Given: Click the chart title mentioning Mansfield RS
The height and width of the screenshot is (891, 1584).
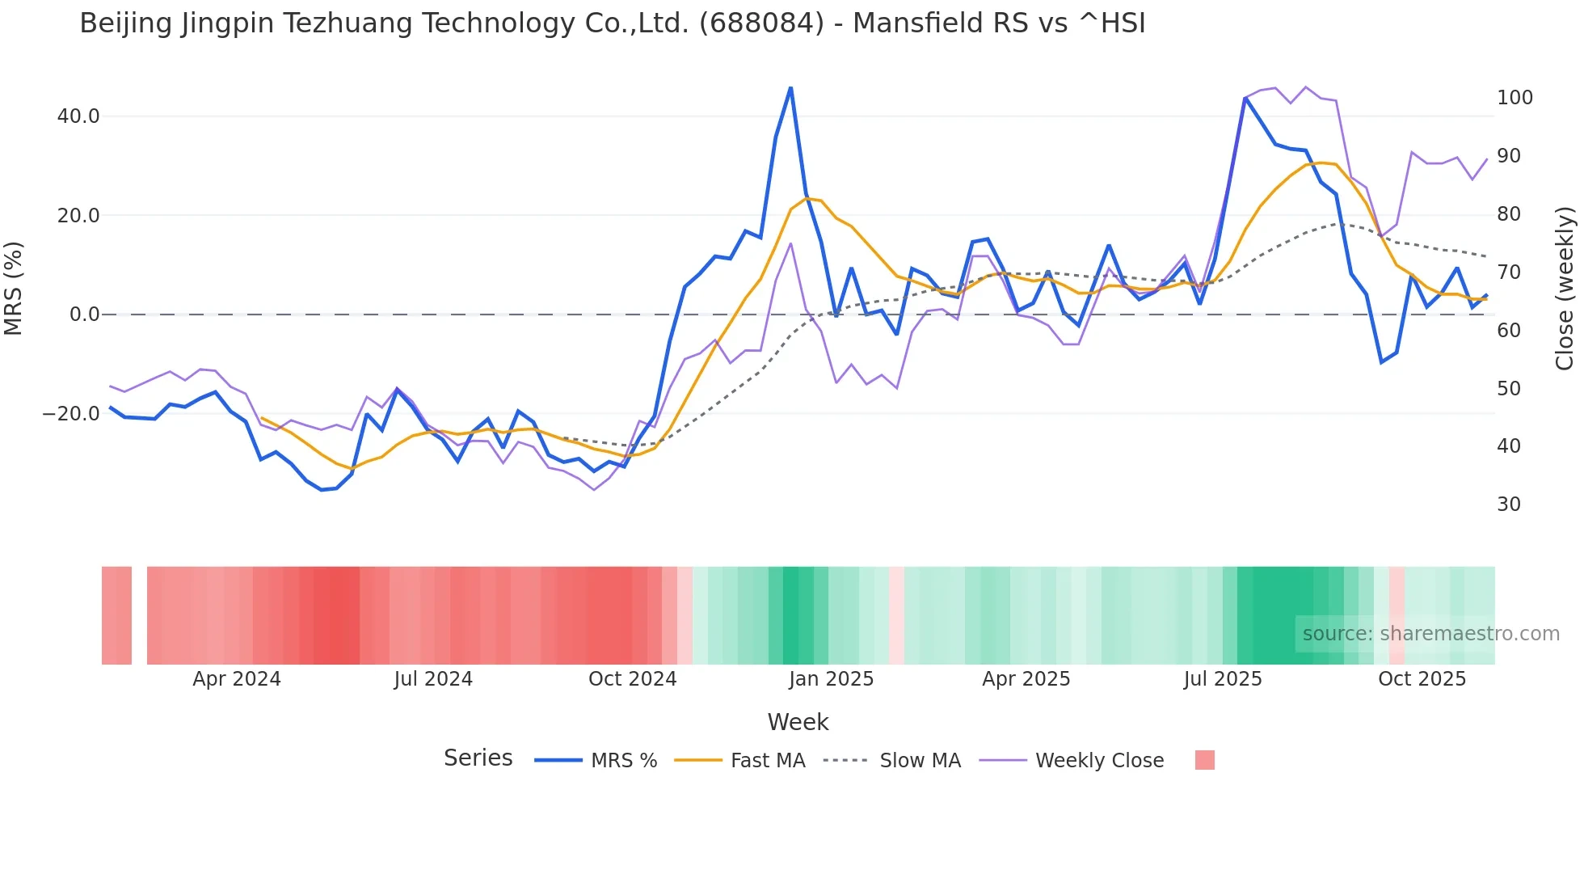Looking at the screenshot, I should [612, 23].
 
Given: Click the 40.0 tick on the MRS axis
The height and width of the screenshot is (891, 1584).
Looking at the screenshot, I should [78, 116].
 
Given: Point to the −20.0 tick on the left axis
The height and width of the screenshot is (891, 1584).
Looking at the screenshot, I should [71, 414].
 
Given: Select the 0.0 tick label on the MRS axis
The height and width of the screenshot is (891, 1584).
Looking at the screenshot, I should [84, 315].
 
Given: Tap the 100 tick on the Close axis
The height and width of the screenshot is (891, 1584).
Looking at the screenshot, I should [1514, 98].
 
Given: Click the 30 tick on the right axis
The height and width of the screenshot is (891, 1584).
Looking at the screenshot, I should [1509, 505].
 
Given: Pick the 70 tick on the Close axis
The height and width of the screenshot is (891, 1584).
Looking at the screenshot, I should [1509, 272].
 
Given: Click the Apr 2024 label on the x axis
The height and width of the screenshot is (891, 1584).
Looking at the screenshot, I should [236, 679].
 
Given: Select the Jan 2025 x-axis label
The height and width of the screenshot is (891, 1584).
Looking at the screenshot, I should [831, 679].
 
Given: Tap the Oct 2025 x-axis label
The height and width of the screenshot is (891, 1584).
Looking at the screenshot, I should [1422, 679].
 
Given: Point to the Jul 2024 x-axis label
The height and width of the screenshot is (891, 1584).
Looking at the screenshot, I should [433, 679].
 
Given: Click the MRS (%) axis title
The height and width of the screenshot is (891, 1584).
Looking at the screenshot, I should [14, 288].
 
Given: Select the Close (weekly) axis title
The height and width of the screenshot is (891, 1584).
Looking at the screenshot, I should [1565, 288].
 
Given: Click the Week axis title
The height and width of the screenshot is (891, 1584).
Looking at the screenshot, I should [798, 722].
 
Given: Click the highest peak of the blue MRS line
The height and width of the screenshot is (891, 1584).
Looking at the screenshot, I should [790, 87].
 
